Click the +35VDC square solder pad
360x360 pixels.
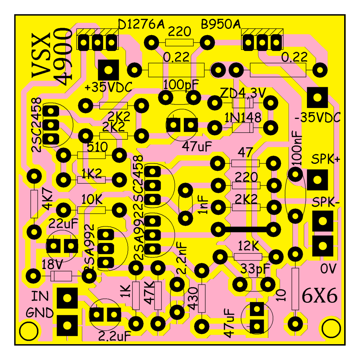click(108, 70)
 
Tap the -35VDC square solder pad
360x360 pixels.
click(317, 97)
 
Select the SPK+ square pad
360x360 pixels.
click(317, 180)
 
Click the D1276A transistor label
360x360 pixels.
click(141, 24)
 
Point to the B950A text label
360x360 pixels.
click(221, 24)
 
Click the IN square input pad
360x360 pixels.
click(67, 298)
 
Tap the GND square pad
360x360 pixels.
click(67, 325)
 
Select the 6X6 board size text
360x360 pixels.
click(320, 296)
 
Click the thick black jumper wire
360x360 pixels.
click(246, 229)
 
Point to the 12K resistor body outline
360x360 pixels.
click(248, 257)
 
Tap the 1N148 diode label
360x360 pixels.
click(243, 117)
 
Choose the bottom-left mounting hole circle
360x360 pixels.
click(29, 331)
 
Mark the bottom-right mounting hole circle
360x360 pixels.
click(331, 329)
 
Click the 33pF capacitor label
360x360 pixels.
click(255, 269)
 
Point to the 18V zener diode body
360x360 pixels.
click(61, 276)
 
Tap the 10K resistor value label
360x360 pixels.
click(92, 200)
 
